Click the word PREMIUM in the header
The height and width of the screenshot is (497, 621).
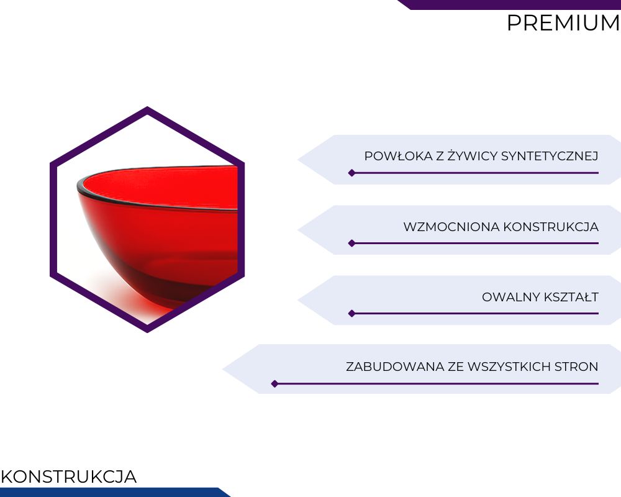(x=563, y=23)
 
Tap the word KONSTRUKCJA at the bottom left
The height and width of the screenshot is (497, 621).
(x=68, y=476)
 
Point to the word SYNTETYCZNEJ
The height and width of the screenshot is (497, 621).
(x=550, y=156)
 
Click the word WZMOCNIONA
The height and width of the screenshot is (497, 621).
(x=451, y=227)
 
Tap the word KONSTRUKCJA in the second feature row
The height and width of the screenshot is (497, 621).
(x=551, y=227)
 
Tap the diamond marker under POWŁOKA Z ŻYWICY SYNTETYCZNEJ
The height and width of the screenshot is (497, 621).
(x=351, y=173)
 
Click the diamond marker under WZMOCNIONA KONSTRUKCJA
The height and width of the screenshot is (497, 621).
(x=351, y=244)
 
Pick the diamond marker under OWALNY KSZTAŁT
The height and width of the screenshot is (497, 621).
(x=351, y=314)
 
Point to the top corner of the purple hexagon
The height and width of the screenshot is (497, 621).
(x=147, y=107)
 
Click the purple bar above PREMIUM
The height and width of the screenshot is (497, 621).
(x=511, y=4)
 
